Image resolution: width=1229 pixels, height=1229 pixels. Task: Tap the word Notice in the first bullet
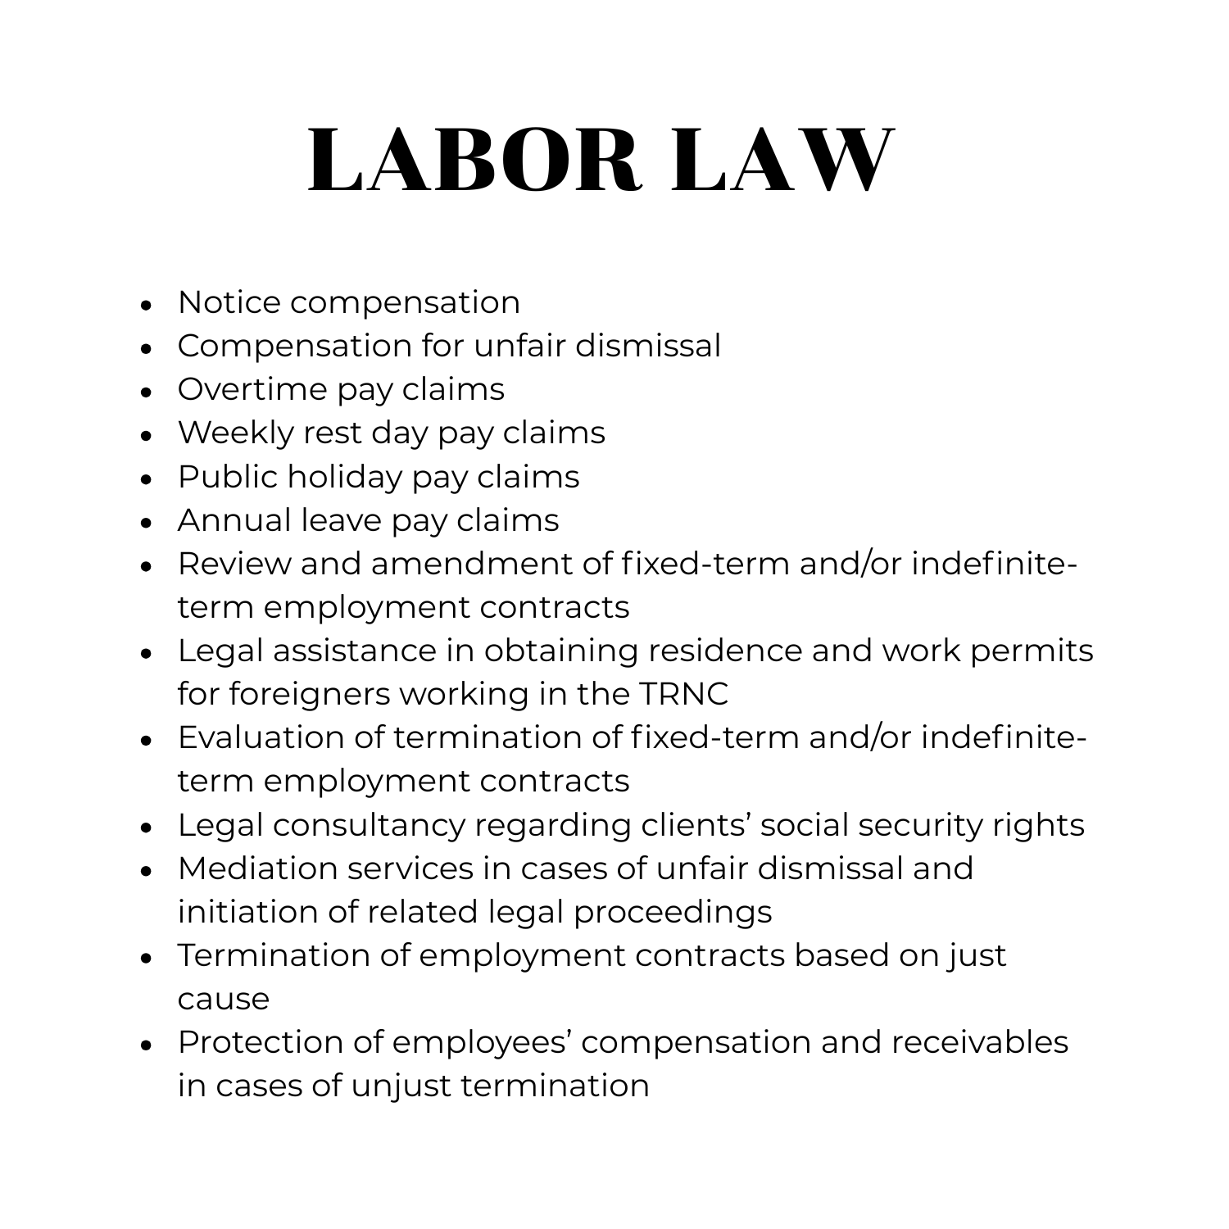[x=229, y=302]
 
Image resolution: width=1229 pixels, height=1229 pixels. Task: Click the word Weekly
[x=235, y=433]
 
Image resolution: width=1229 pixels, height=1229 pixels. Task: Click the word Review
[x=234, y=564]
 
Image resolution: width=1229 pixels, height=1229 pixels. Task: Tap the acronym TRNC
[x=682, y=694]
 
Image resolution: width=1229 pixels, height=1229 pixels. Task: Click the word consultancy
[x=369, y=825]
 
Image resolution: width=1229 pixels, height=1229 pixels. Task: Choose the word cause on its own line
[x=223, y=1000]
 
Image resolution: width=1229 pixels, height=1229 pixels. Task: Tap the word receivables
[x=980, y=1042]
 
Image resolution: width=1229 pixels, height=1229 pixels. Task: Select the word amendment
[x=471, y=564]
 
